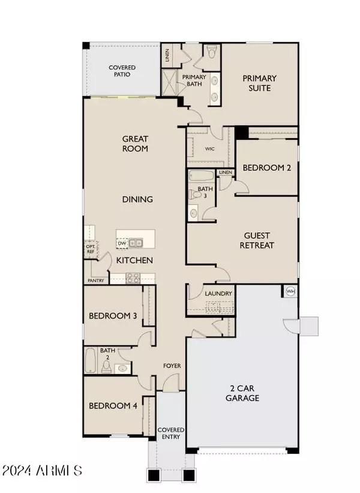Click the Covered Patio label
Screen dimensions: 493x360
122,71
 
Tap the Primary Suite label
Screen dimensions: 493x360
259,83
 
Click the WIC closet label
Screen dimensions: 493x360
211,148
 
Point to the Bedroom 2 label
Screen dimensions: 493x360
266,168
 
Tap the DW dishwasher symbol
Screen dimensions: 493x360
122,243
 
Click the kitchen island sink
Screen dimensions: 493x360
136,243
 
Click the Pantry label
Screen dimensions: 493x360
95,280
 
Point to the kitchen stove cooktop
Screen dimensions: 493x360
133,278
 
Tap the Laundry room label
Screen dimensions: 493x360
218,294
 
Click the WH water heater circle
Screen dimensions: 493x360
290,291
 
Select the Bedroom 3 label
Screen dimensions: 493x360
113,316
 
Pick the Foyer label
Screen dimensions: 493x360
173,366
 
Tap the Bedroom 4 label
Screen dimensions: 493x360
113,406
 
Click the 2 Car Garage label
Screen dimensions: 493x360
242,393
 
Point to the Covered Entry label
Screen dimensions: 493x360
171,434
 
